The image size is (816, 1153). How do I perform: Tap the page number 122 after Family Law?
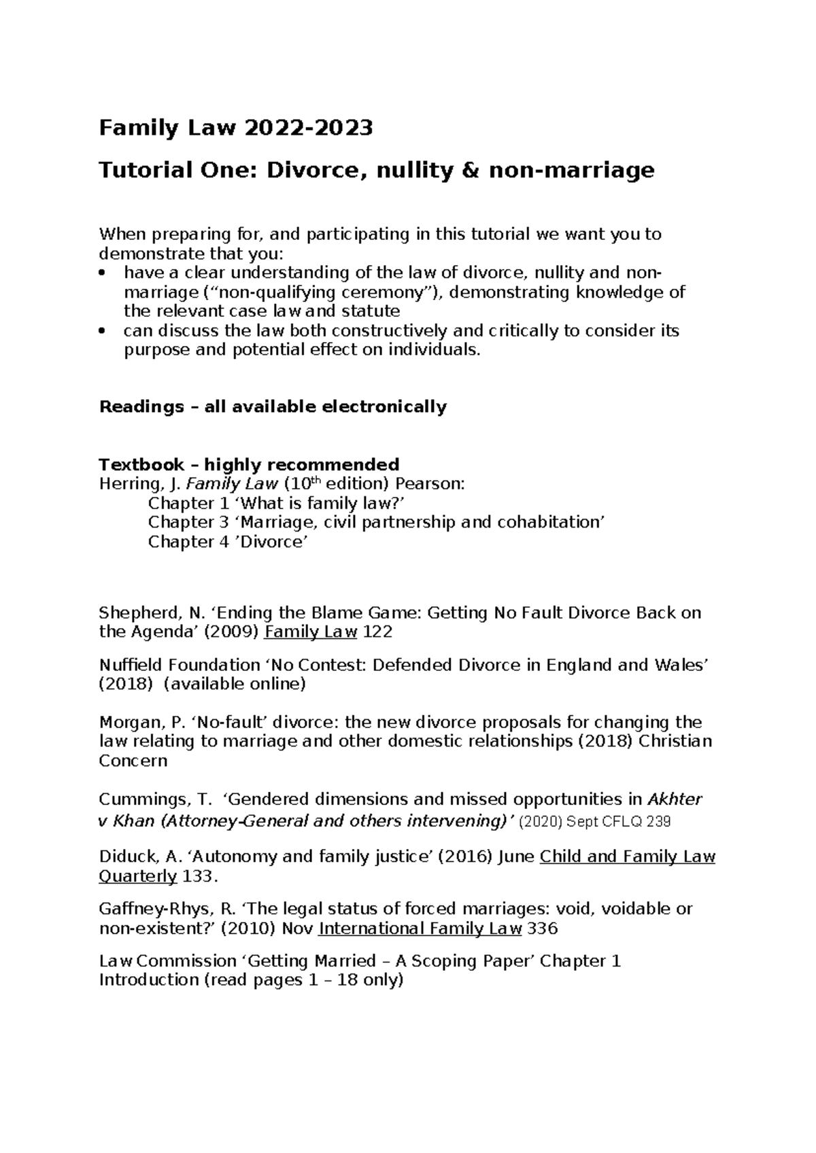point(378,632)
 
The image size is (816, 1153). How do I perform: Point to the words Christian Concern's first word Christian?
point(676,741)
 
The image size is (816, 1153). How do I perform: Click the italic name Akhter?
point(674,799)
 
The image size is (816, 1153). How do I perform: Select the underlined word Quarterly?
point(137,876)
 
